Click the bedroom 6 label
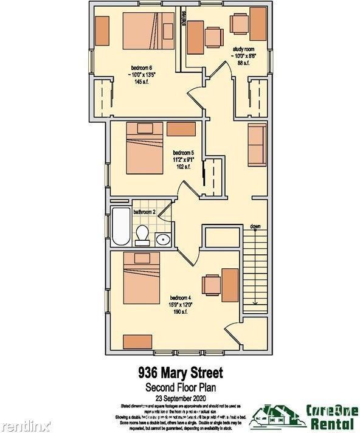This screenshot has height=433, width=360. [x=141, y=67]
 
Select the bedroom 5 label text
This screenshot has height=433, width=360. [x=183, y=152]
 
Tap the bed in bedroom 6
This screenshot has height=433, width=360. [x=150, y=31]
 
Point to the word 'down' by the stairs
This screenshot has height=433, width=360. [x=255, y=227]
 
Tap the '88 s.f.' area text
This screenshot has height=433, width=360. [x=241, y=63]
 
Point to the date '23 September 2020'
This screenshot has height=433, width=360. [x=179, y=397]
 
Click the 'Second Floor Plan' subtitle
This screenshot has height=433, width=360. [x=179, y=387]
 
